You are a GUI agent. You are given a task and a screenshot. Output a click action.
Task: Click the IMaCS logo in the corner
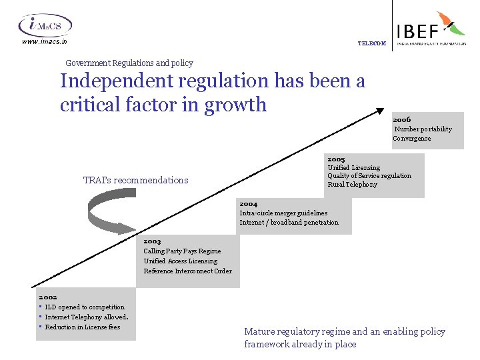pos(45,25)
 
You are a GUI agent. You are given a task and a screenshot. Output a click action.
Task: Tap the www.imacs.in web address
pos(45,41)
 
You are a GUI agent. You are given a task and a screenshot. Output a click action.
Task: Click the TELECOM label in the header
pos(371,43)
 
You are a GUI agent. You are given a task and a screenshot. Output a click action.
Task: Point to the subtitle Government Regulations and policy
pos(129,63)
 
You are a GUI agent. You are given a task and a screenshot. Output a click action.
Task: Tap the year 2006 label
pos(402,120)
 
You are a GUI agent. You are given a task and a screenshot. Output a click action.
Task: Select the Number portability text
pos(423,129)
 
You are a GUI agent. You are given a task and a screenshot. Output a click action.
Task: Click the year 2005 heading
pos(336,159)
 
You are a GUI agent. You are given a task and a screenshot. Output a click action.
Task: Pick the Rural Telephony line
pos(352,185)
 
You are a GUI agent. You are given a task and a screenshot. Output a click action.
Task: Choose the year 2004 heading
pos(248,204)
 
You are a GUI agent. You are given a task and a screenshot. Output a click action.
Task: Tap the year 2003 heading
pos(152,241)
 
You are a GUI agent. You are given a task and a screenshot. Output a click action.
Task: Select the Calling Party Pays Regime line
pos(182,251)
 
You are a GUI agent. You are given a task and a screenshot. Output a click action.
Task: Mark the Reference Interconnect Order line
pos(187,271)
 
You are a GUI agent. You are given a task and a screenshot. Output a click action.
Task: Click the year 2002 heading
pos(48,297)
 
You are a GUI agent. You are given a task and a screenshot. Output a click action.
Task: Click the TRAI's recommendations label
pos(135,180)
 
